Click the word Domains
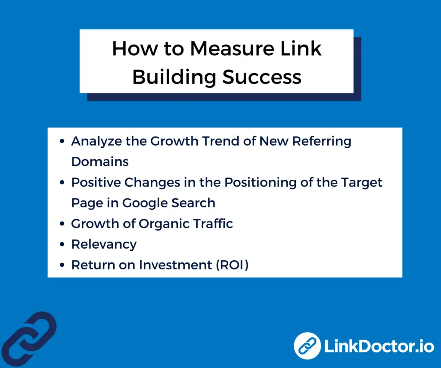pos(100,162)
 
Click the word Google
pos(144,203)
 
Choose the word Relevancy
pos(104,244)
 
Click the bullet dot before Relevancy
pos(63,245)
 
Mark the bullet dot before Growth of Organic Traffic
pos(63,224)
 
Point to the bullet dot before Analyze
pos(63,141)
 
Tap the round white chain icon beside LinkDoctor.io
pos(307,346)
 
